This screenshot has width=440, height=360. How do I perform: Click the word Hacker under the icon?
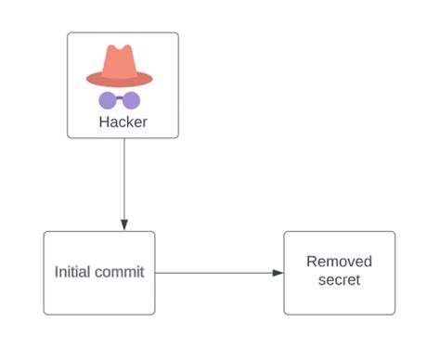(x=123, y=122)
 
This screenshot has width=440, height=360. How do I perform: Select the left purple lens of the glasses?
(x=109, y=100)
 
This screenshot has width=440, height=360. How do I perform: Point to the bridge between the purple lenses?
(x=120, y=98)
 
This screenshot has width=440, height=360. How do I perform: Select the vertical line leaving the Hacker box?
(x=123, y=176)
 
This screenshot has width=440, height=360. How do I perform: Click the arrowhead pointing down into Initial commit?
(x=123, y=225)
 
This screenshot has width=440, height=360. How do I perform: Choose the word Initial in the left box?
(x=71, y=273)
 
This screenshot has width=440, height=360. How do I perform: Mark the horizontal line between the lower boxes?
(x=214, y=273)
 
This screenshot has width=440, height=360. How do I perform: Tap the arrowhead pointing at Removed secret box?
(x=278, y=273)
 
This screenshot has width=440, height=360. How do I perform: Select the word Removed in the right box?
(x=339, y=263)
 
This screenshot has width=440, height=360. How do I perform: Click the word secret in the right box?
(x=339, y=280)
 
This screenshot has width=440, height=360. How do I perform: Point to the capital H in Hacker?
(x=104, y=122)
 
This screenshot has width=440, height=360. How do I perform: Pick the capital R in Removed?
(x=312, y=263)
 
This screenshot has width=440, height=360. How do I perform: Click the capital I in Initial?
(x=57, y=273)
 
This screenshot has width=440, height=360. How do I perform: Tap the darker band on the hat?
(x=119, y=73)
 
